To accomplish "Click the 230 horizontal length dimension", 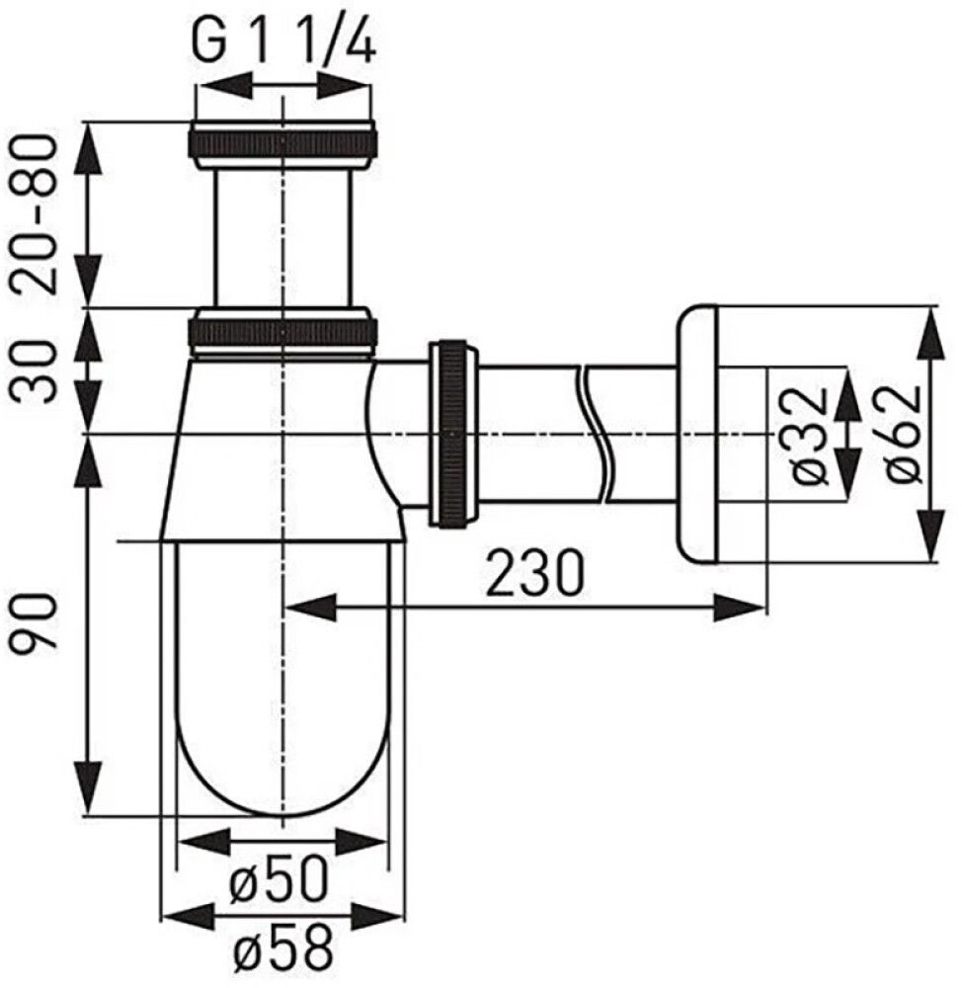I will [534, 573].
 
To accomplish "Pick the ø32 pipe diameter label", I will [808, 435].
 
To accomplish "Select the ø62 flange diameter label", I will [901, 435].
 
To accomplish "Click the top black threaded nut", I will [282, 142].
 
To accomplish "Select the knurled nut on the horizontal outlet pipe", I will [452, 432].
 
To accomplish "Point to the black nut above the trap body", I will [282, 331].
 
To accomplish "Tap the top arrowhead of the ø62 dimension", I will [929, 326].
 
